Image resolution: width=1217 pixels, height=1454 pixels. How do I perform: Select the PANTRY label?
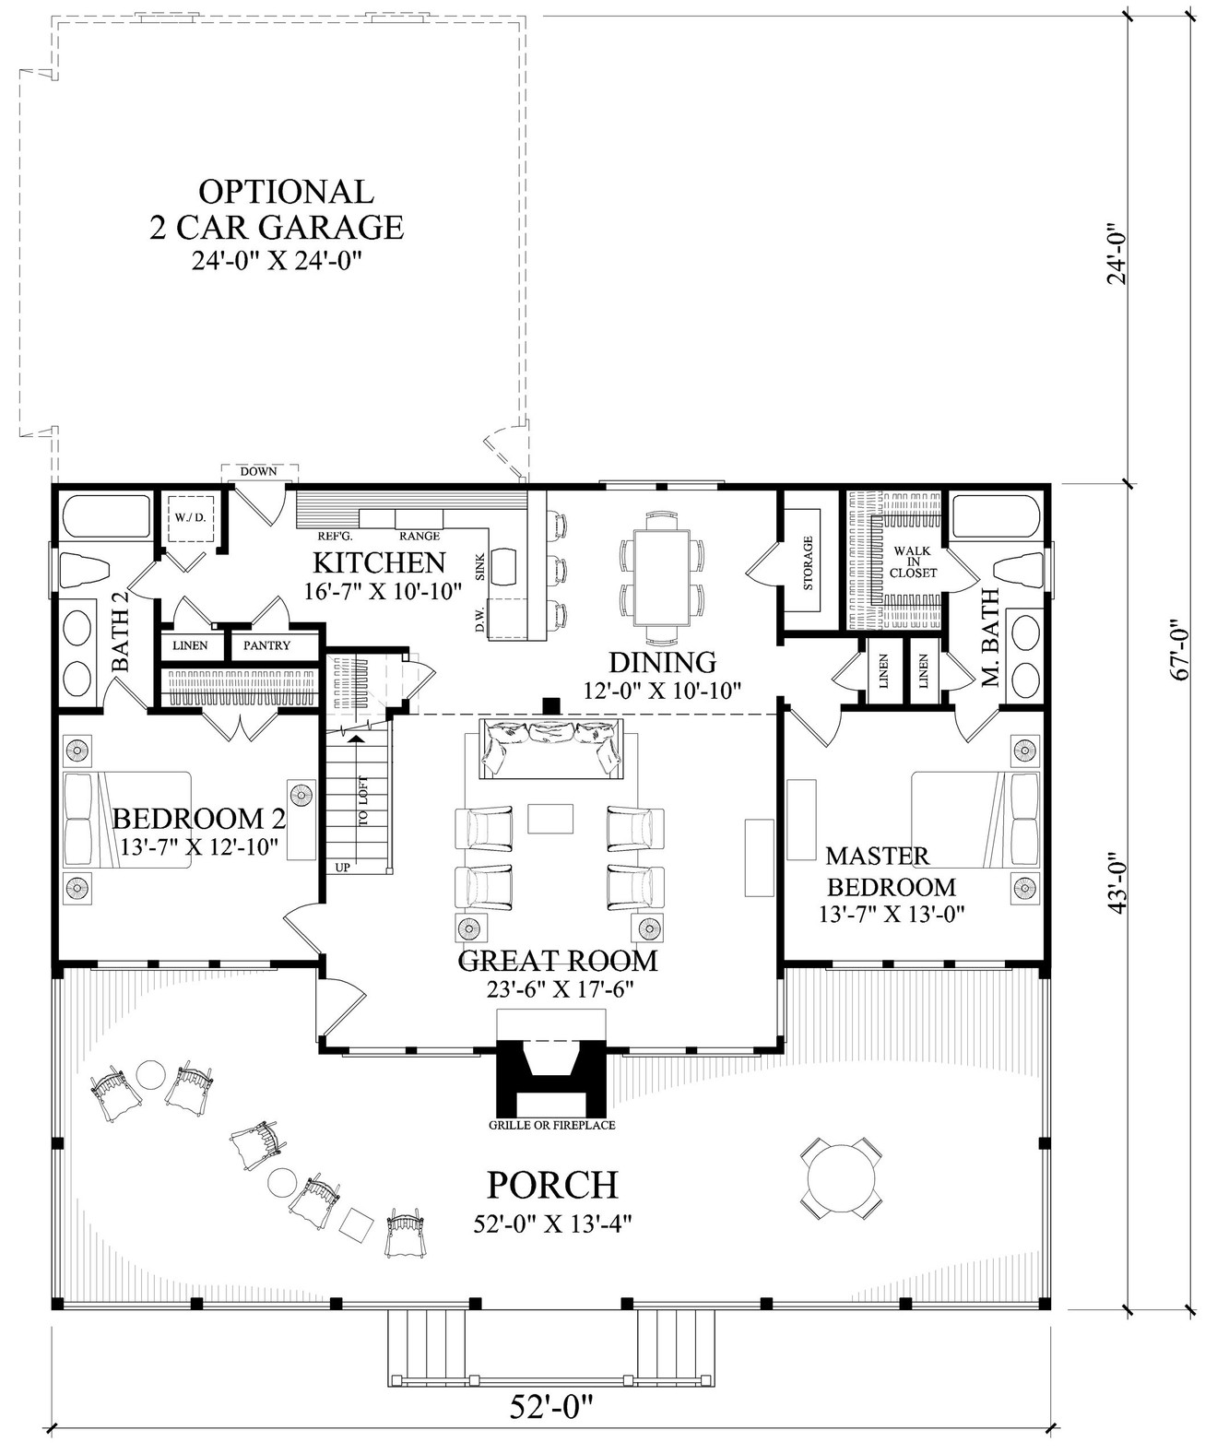[x=266, y=645]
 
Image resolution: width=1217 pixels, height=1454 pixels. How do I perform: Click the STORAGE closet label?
[x=808, y=563]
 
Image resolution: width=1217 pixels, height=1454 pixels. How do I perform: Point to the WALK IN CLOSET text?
[x=913, y=562]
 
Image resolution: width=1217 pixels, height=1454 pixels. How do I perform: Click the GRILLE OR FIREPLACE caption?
[x=552, y=1125]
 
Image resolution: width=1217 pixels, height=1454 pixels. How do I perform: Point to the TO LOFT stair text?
[x=363, y=802]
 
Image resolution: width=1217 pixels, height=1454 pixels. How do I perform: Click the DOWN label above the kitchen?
[x=258, y=471]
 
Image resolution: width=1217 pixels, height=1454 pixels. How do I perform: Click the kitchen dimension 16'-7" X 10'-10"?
[x=383, y=592]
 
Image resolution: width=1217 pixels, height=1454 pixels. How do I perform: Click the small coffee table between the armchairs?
[x=550, y=818]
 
